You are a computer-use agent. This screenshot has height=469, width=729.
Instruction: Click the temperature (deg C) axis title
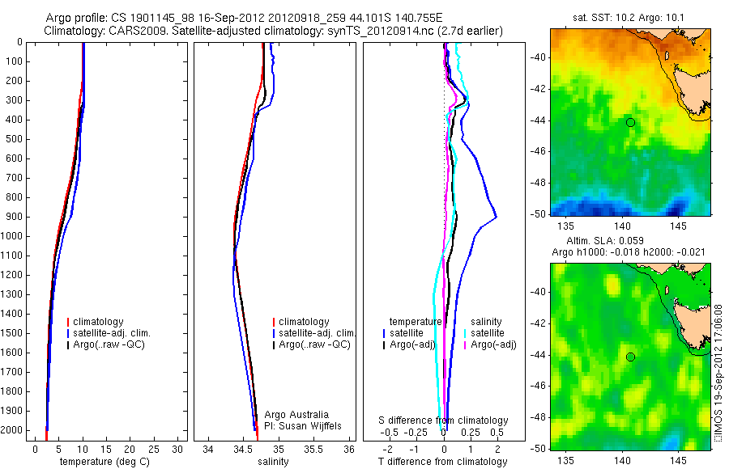pyautogui.click(x=104, y=462)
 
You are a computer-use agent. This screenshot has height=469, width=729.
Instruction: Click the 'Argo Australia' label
pyautogui.click(x=297, y=414)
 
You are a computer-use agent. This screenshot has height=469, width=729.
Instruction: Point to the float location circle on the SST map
pyautogui.click(x=630, y=122)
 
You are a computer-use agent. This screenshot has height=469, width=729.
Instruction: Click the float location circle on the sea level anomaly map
pyautogui.click(x=630, y=357)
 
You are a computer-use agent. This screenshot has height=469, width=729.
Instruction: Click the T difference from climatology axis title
pyautogui.click(x=443, y=462)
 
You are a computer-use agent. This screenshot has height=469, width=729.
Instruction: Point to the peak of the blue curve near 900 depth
pyautogui.click(x=496, y=216)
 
